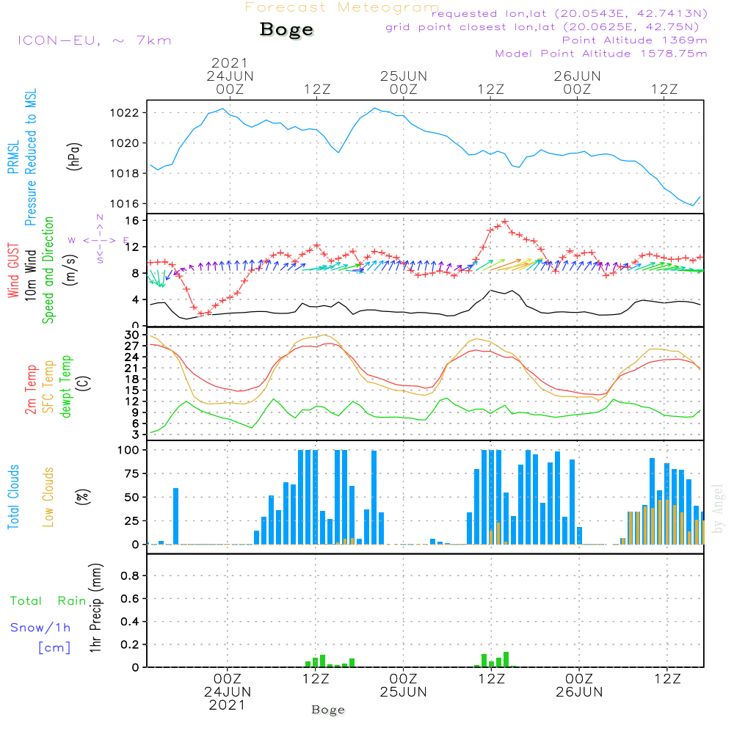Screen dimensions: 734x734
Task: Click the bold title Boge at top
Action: [x=286, y=30]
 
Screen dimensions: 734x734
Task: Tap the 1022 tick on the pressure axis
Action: [x=126, y=113]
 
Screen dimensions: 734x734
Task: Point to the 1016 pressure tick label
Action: [x=126, y=203]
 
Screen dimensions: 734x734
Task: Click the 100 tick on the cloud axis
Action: [x=129, y=450]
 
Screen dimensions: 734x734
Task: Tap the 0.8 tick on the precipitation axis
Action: [x=130, y=576]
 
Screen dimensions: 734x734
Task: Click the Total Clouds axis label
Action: [x=14, y=497]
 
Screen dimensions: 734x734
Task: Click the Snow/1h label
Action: [x=41, y=628]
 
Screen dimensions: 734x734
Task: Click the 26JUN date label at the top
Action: [x=577, y=76]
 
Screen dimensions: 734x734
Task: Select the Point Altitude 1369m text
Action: [x=634, y=40]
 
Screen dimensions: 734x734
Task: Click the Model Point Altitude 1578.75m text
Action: [x=601, y=54]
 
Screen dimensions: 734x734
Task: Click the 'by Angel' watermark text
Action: [x=719, y=509]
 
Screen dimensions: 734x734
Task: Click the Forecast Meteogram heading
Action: [x=342, y=7]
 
